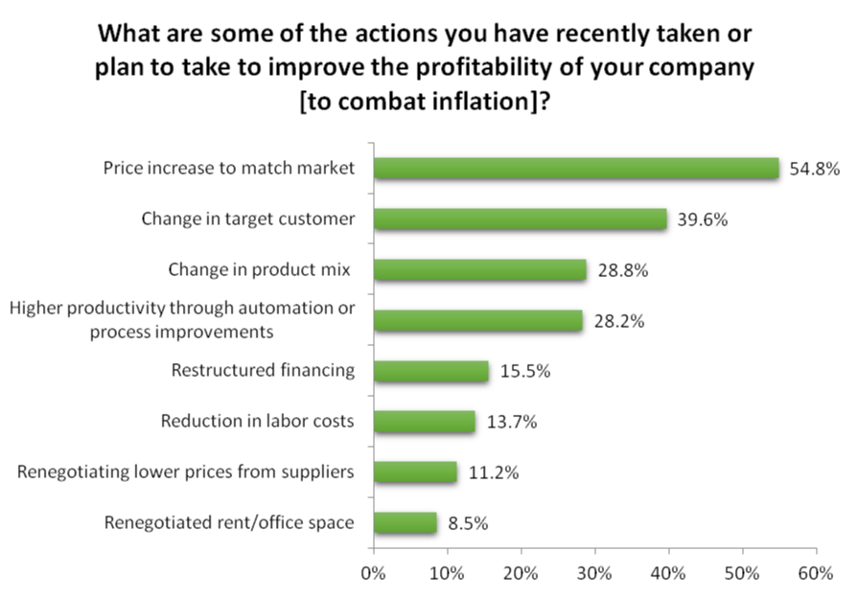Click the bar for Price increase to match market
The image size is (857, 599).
pos(576,169)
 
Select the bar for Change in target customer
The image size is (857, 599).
pos(521,219)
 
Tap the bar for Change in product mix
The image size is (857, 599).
pos(479,270)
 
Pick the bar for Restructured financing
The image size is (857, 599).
pos(431,371)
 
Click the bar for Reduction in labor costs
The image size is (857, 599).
pos(425,422)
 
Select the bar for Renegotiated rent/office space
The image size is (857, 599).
pos(405,523)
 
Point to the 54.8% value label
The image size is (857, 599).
pos(814,170)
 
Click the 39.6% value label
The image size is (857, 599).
pos(702,219)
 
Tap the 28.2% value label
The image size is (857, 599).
pos(617,321)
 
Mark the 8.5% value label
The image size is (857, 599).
pos(468,523)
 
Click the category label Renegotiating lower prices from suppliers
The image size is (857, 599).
pos(187,472)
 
